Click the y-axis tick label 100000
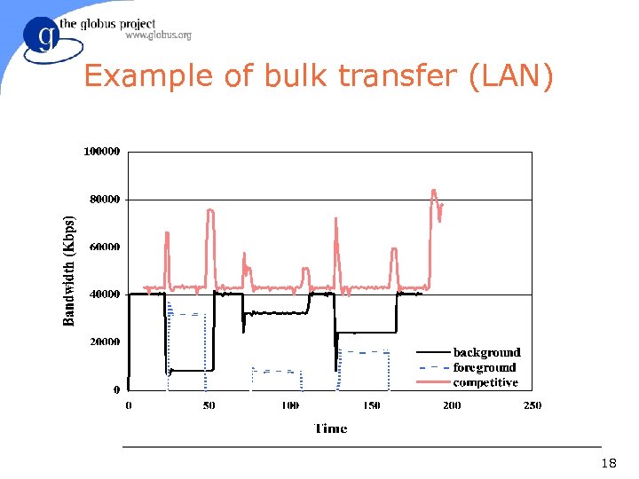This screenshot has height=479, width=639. point(102,152)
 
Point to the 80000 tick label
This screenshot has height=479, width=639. point(105,200)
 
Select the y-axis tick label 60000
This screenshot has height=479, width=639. point(105,247)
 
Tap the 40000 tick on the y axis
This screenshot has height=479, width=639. point(105,294)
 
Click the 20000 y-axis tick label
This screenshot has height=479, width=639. point(105,342)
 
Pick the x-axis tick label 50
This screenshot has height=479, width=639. point(209,405)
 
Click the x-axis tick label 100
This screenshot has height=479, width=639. point(290,405)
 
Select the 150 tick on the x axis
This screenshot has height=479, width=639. point(371,405)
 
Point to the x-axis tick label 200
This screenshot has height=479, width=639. point(452,405)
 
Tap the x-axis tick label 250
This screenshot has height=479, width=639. point(532,405)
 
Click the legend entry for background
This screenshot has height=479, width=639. point(486,353)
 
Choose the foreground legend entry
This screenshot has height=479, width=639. point(484,367)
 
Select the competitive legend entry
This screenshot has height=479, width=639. point(485,382)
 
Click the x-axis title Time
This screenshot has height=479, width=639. point(330,428)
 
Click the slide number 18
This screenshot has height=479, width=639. point(609,463)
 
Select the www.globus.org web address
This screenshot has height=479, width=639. point(158,35)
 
